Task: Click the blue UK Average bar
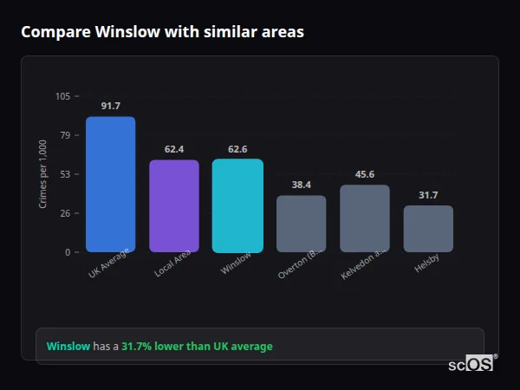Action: click(110, 185)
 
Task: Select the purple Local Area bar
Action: click(174, 206)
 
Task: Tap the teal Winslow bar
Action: click(237, 205)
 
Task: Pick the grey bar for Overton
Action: click(302, 224)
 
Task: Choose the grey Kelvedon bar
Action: click(365, 218)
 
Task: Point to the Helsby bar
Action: click(428, 229)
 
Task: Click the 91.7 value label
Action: click(110, 106)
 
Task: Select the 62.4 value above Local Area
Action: click(174, 149)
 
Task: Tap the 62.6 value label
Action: click(237, 148)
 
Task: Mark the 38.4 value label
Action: click(302, 185)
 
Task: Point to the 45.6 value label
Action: click(365, 174)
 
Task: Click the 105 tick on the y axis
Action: click(63, 96)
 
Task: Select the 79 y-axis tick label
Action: click(66, 135)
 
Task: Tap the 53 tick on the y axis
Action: click(66, 174)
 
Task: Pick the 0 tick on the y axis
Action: click(68, 252)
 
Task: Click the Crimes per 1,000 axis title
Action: click(42, 174)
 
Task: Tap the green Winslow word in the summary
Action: click(68, 347)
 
